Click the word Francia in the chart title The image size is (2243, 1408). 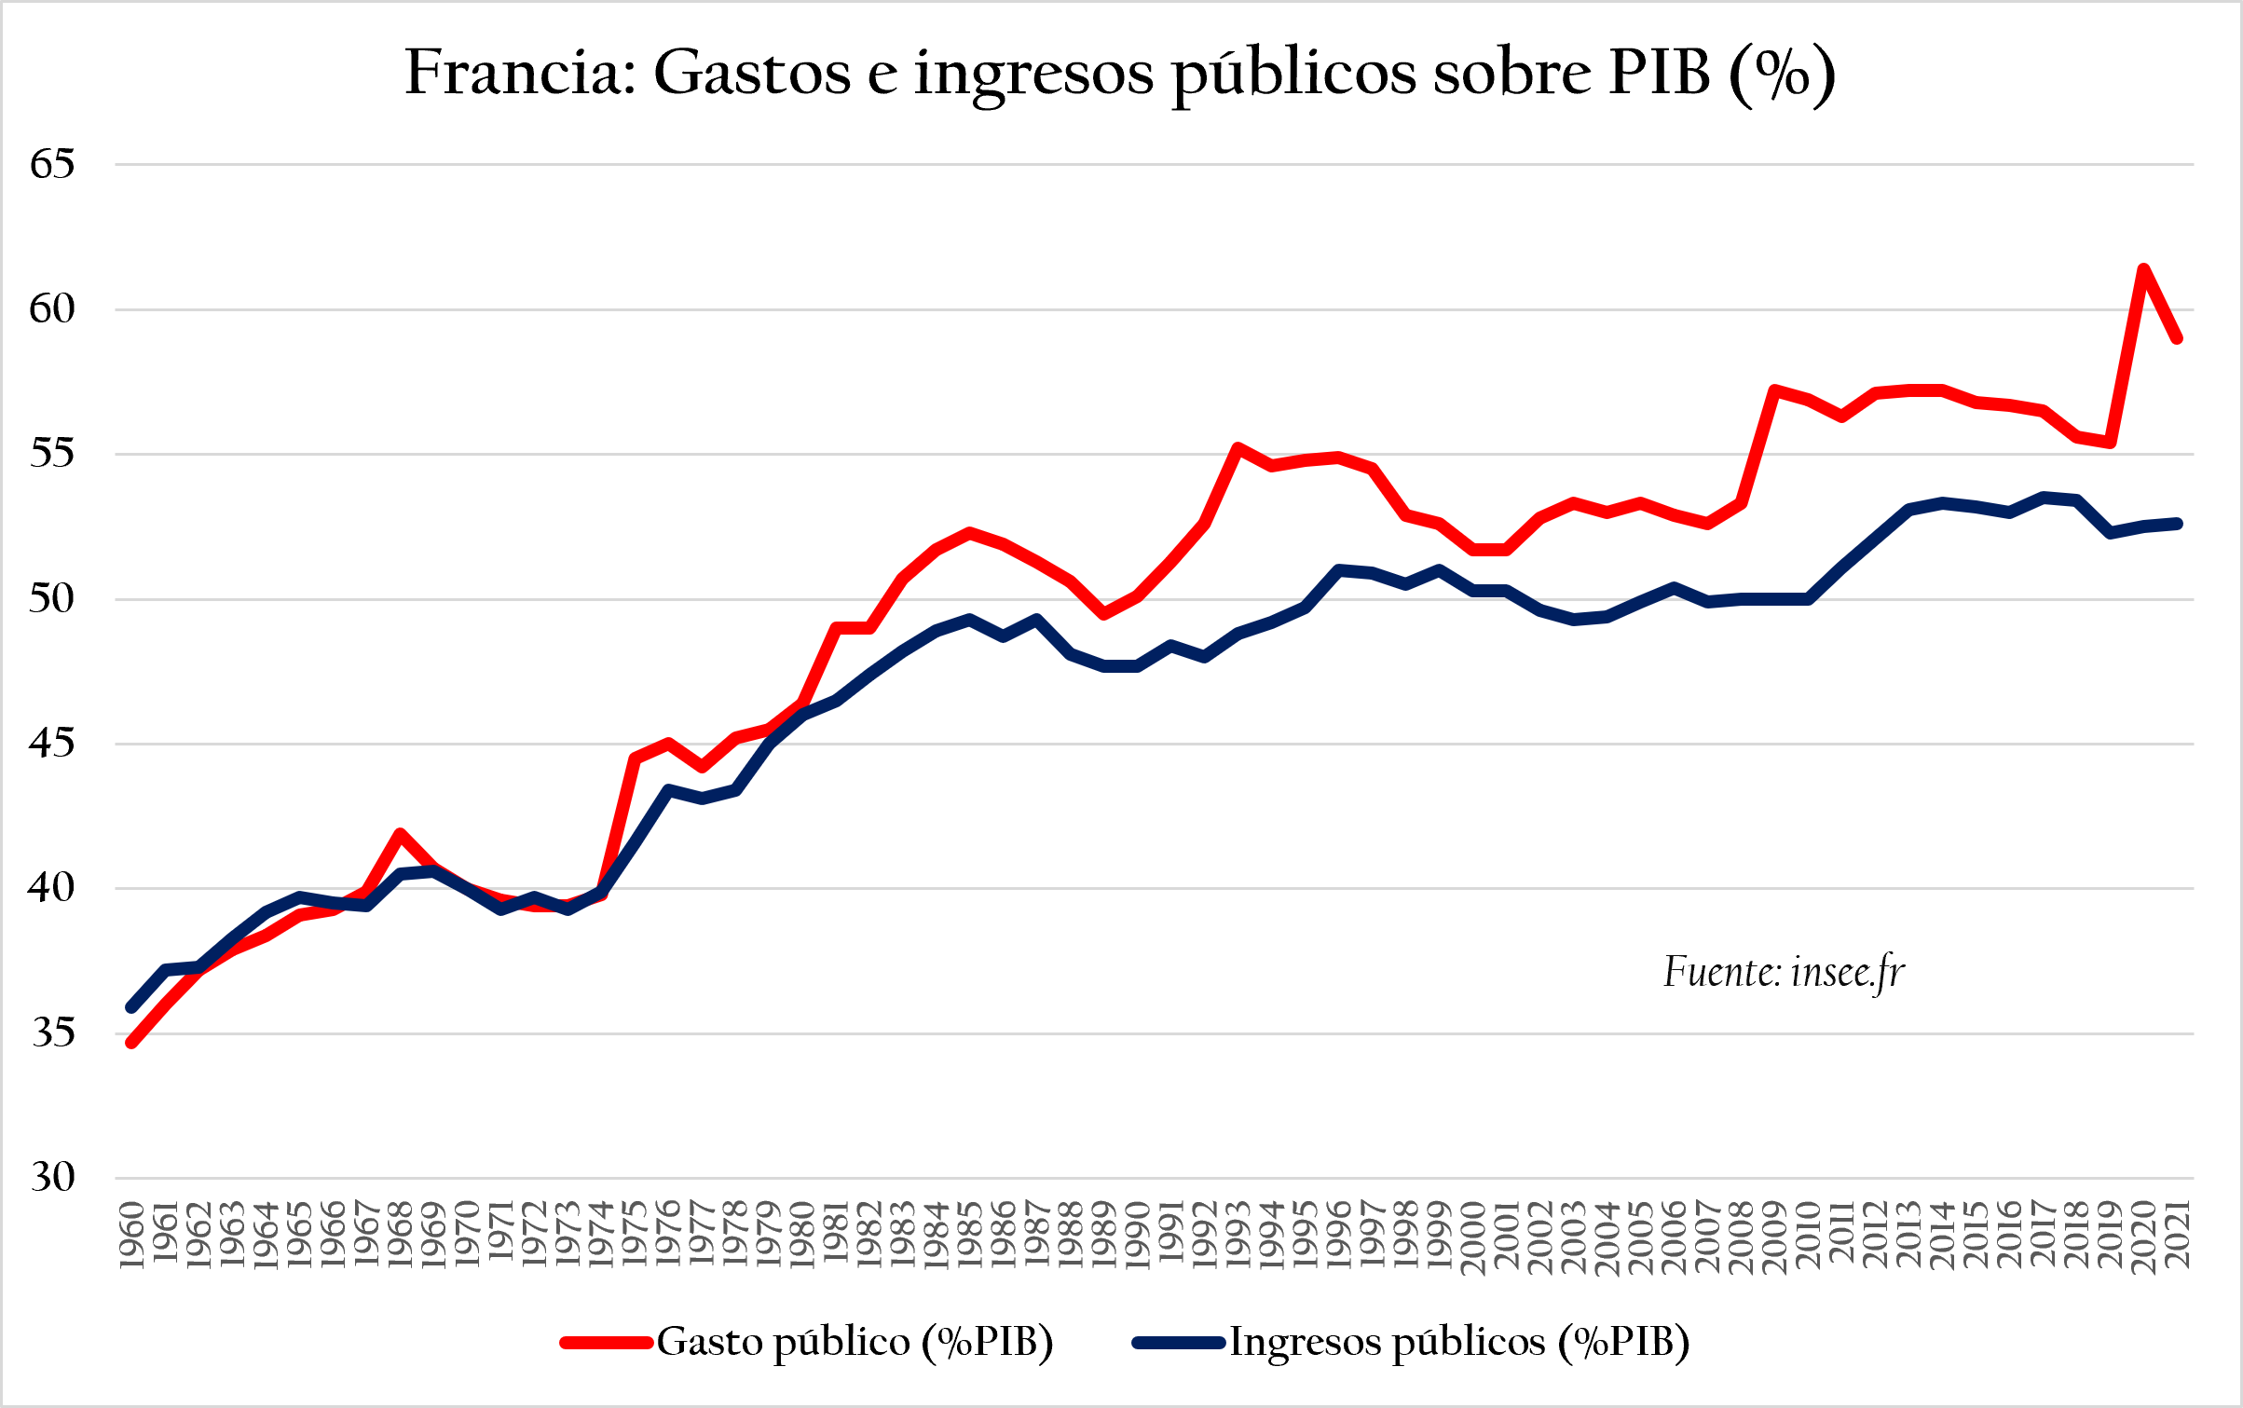click(520, 73)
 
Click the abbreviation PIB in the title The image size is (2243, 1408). click(1659, 73)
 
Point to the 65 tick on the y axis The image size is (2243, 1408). click(52, 164)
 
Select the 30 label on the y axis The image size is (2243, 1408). click(52, 1178)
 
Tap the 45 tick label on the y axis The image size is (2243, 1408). click(52, 744)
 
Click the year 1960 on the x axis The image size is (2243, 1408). click(132, 1236)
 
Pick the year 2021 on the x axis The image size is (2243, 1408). click(2177, 1236)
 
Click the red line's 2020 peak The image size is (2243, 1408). click(2143, 269)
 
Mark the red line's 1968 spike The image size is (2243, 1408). click(400, 833)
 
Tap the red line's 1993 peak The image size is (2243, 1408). click(1238, 448)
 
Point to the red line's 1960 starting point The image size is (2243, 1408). click(132, 1043)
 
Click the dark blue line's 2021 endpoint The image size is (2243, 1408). click(2177, 524)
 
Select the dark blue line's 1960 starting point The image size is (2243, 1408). click(132, 1007)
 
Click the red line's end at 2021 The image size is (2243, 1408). click(2177, 338)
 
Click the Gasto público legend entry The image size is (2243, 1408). click(807, 1343)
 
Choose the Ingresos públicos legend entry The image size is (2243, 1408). click(1411, 1343)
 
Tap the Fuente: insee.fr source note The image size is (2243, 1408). click(1784, 973)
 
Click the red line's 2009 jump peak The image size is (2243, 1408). click(1774, 390)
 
